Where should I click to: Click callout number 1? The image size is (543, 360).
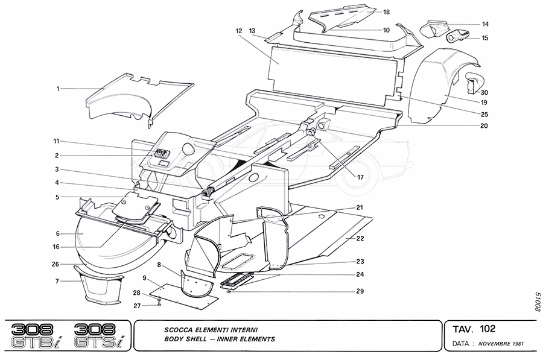59,89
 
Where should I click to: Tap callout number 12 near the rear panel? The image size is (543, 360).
239,31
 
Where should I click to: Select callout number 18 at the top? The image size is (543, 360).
386,11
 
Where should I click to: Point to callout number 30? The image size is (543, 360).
484,92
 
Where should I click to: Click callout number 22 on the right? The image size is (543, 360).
360,239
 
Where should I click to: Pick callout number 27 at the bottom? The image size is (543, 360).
136,306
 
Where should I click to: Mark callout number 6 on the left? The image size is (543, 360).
57,233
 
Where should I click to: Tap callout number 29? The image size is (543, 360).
360,291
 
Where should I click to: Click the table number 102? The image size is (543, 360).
488,329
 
